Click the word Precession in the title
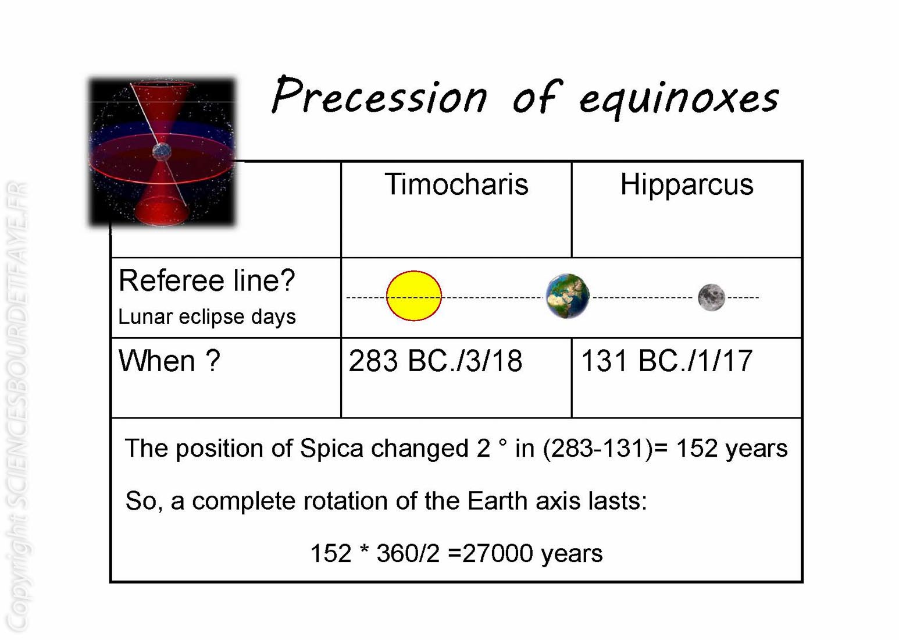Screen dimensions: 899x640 (380, 95)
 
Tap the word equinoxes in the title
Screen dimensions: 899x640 (679, 99)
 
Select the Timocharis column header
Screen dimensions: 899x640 (456, 184)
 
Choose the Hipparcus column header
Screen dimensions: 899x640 (687, 185)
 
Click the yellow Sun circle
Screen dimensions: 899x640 (414, 296)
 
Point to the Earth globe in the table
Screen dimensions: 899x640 (568, 296)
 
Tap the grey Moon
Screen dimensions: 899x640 (711, 297)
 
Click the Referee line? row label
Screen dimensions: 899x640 (206, 280)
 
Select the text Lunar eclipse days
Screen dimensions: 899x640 (206, 317)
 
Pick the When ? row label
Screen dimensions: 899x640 (169, 361)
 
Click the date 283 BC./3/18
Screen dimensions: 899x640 (436, 361)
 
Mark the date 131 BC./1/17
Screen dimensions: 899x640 (666, 361)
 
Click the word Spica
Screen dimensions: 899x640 (331, 449)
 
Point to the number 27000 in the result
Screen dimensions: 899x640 (498, 553)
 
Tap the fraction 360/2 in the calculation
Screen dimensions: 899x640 (408, 553)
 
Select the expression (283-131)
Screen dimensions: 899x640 (598, 448)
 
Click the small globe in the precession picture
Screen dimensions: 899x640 (162, 152)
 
